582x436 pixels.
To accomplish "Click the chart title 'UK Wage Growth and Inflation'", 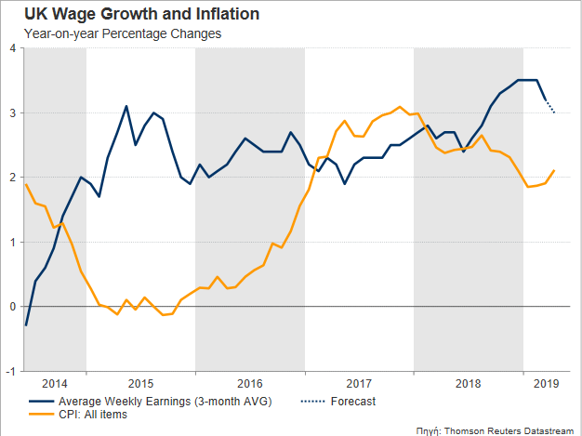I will (x=128, y=15).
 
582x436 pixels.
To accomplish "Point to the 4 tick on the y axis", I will (x=13, y=48).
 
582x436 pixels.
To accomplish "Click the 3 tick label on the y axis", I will (x=13, y=113).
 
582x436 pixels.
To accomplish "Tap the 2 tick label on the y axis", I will (x=13, y=178).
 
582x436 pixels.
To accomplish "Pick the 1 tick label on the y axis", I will (x=13, y=242).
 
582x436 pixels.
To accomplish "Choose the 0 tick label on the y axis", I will (x=13, y=307).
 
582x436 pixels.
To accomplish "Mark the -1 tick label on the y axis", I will (x=11, y=371).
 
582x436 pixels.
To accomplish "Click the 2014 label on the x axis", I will (x=55, y=383).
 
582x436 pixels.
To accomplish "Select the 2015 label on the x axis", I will (x=140, y=383).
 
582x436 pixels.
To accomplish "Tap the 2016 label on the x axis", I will (x=249, y=383).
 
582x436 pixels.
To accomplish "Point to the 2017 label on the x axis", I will (x=358, y=383).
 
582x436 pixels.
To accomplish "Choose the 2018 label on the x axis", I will (x=468, y=383).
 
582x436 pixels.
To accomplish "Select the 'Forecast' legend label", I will (x=352, y=402).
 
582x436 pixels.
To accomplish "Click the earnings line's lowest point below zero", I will (x=26, y=324).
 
